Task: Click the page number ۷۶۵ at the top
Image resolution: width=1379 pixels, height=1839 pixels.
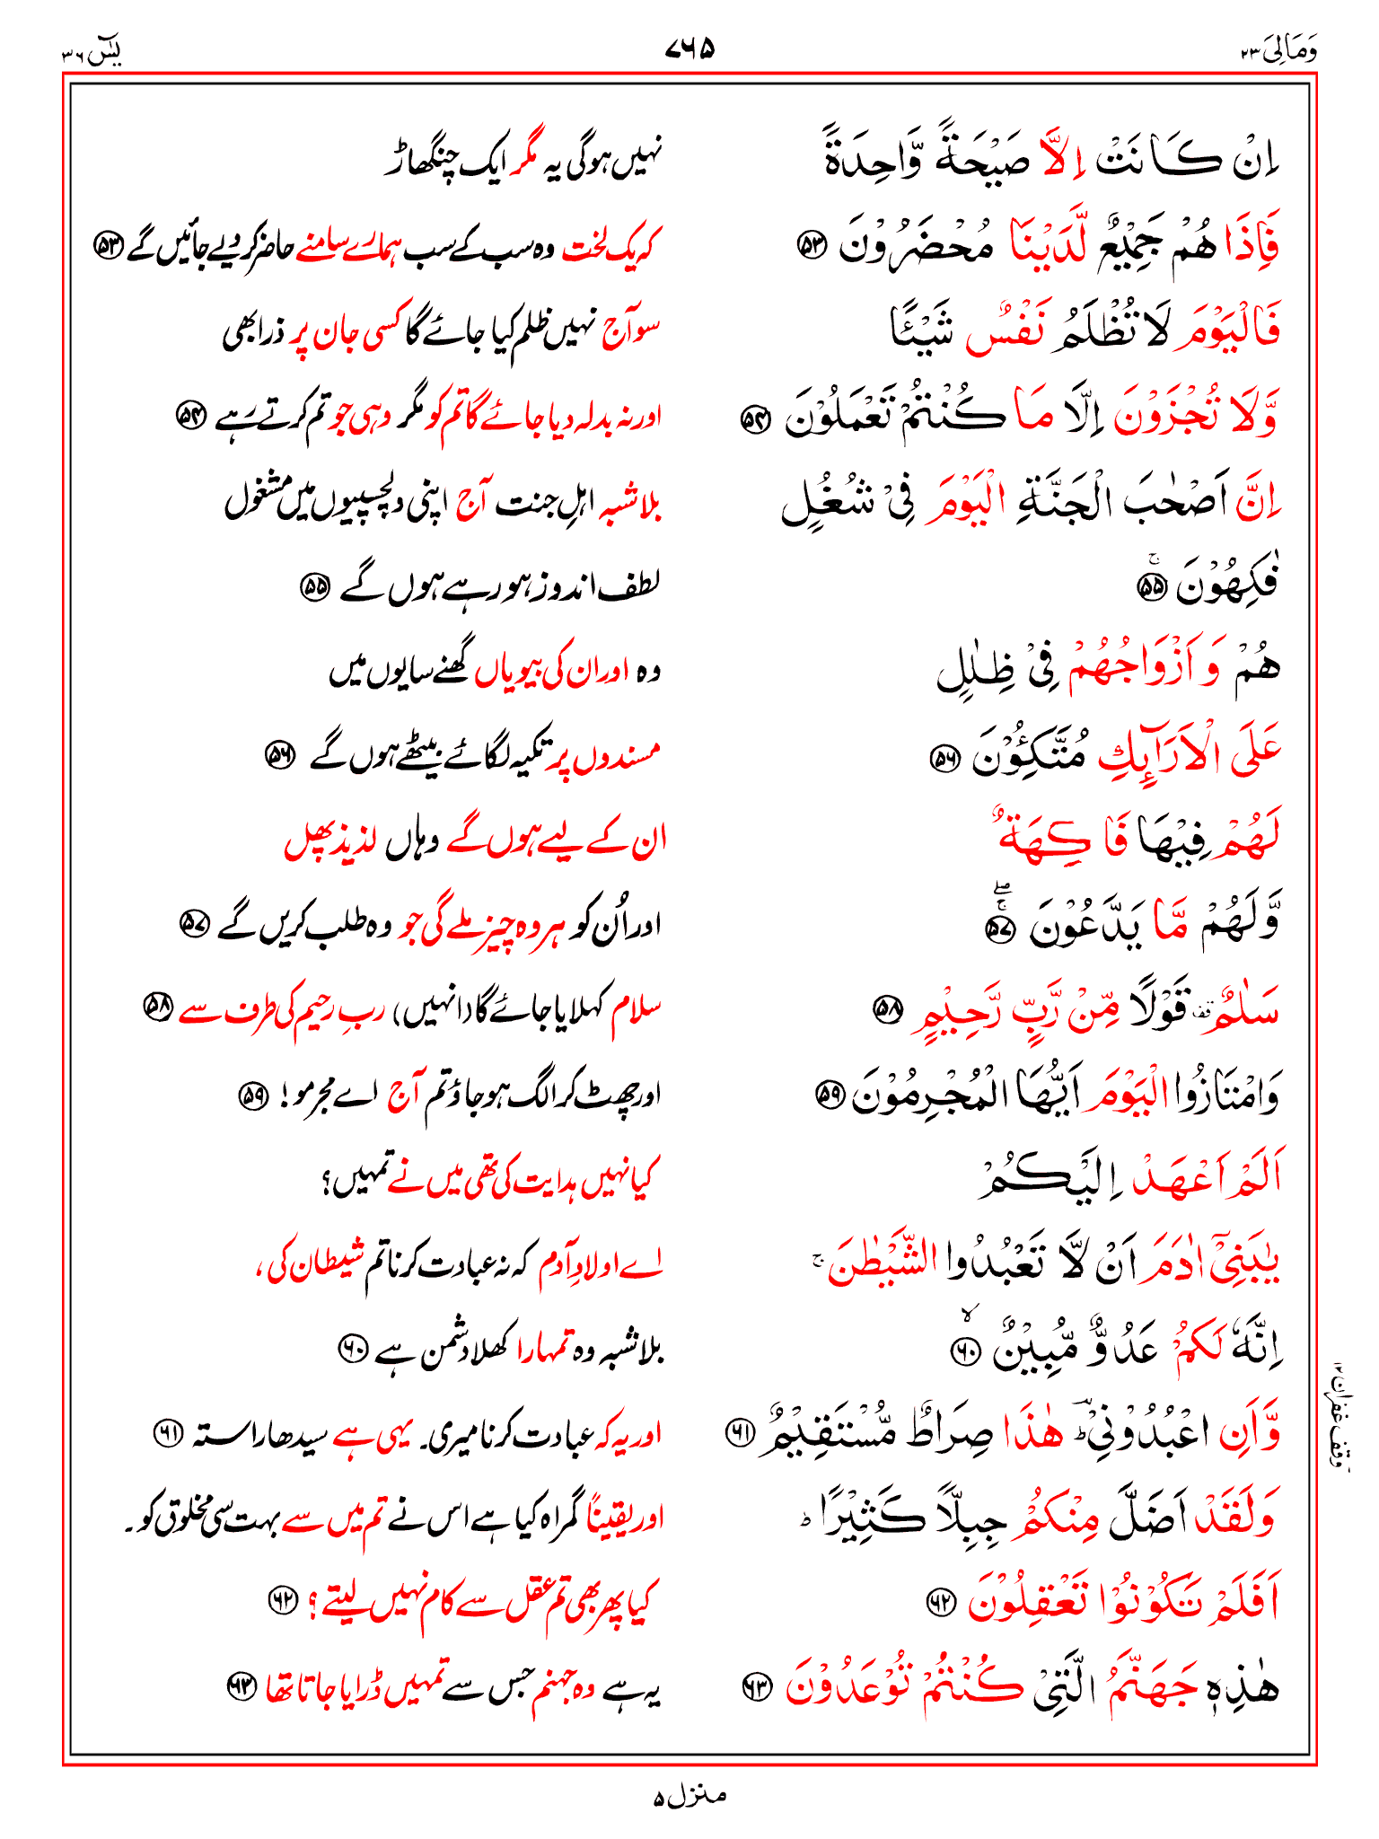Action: (689, 49)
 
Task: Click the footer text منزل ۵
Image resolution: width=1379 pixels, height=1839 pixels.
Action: (689, 1796)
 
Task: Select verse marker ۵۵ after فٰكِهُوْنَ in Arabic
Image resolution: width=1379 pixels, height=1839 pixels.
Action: (1150, 588)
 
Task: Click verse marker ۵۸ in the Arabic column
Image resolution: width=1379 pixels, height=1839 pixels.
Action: (888, 1010)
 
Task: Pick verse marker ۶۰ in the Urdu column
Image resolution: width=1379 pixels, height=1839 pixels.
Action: (351, 1348)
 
